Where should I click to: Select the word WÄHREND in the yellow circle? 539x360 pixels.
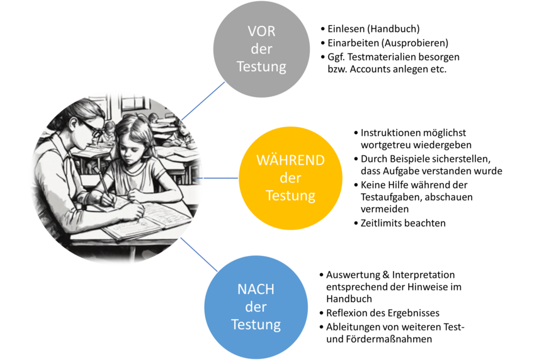(290, 160)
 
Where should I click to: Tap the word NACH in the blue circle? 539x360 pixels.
(256, 290)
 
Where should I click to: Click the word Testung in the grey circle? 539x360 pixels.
(261, 67)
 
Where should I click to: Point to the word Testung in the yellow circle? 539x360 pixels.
(290, 195)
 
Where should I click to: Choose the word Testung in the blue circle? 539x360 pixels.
(256, 325)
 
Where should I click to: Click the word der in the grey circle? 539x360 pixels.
(261, 50)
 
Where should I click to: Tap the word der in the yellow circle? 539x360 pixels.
(290, 177)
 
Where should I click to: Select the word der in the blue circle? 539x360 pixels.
(256, 308)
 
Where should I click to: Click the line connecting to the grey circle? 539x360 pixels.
(203, 100)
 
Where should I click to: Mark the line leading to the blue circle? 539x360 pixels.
(199, 254)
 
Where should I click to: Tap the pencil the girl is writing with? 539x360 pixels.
(102, 183)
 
